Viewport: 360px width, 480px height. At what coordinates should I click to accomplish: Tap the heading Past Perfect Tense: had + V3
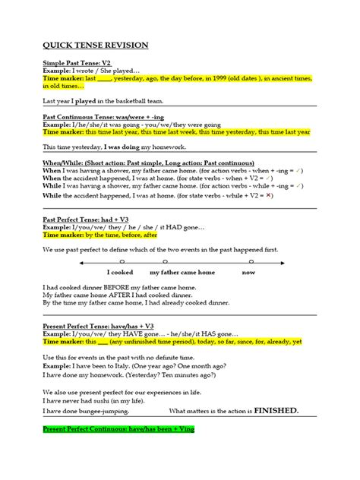coord(86,219)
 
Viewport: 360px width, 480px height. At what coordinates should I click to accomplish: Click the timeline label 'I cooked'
coord(120,271)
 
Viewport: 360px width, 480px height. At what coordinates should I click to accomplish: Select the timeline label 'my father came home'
coord(182,271)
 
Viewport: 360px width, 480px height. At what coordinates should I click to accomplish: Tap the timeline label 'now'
coord(248,271)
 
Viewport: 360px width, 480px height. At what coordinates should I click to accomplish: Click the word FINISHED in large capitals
coord(270,410)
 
